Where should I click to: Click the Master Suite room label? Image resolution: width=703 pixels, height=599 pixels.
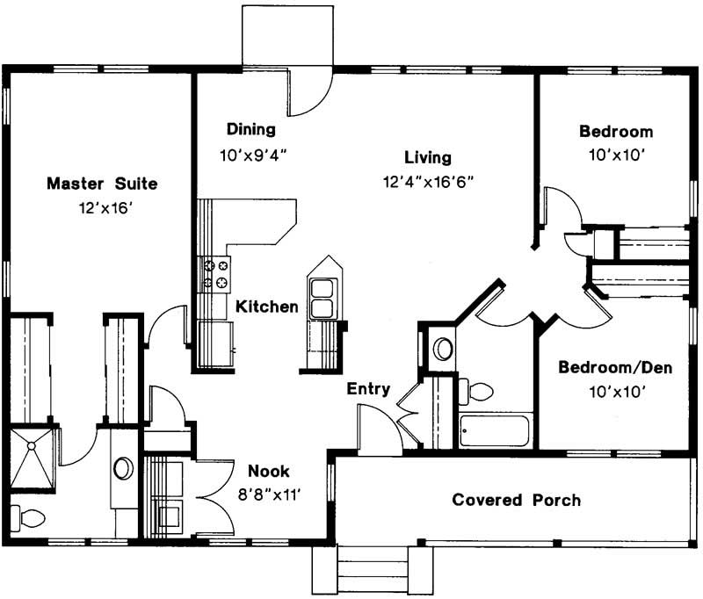[102, 184]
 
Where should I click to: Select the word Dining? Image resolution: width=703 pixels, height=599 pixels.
[251, 130]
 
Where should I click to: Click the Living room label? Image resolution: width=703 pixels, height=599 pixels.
[428, 158]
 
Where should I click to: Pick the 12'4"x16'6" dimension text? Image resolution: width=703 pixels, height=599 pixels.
[429, 184]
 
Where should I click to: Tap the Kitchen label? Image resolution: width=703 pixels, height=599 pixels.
[266, 307]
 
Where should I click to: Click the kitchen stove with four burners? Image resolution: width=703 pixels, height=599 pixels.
[217, 273]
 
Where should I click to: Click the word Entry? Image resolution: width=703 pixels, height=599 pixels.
[368, 388]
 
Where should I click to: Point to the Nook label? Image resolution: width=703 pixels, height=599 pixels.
[268, 472]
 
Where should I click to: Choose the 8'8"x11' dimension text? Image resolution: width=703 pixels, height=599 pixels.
[270, 494]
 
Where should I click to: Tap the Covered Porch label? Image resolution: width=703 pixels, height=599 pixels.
[516, 501]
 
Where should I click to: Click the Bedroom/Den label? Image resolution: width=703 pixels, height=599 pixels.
[615, 368]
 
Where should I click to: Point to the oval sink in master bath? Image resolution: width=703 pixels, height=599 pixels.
[124, 468]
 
